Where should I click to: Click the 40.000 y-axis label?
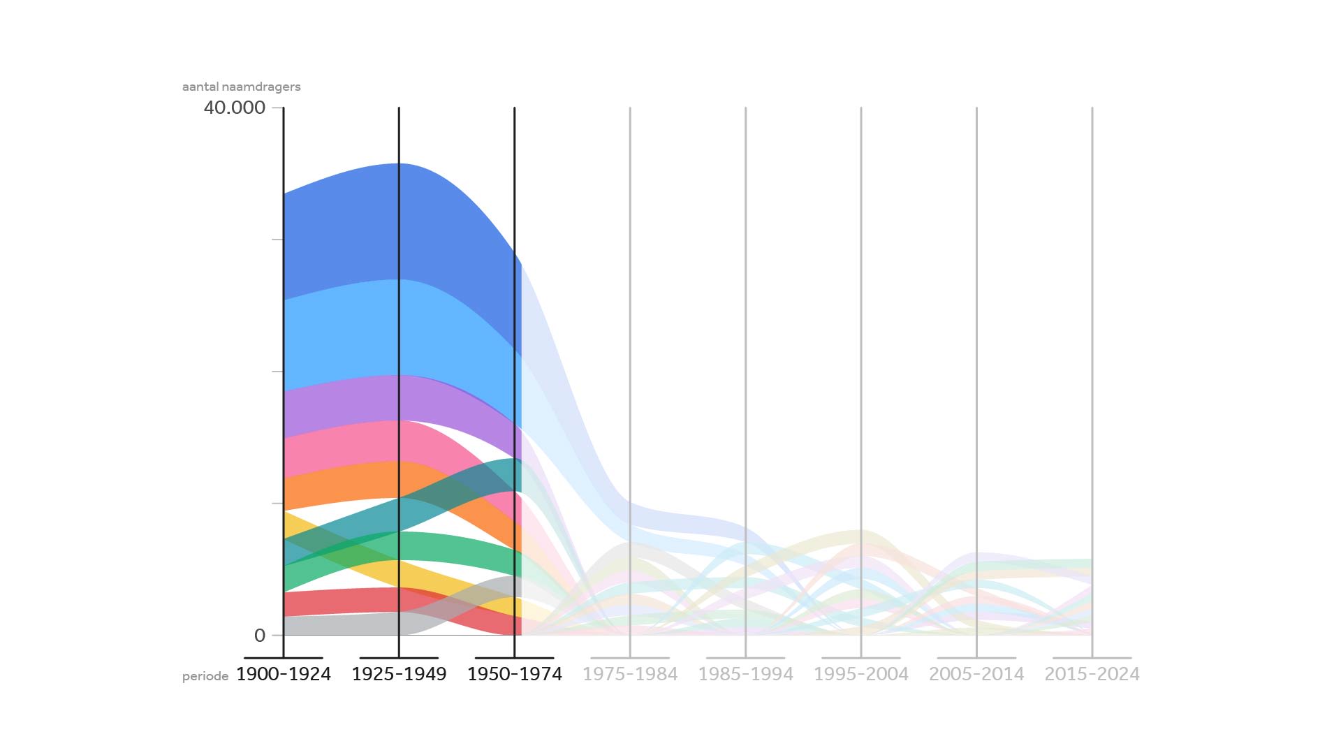[x=235, y=108]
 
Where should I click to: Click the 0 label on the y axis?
[x=260, y=636]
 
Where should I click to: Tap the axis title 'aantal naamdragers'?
[x=241, y=87]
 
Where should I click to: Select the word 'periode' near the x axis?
[x=205, y=677]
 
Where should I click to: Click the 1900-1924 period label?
[x=284, y=674]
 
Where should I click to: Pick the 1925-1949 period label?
[x=399, y=674]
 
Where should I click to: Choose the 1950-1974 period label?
[x=515, y=674]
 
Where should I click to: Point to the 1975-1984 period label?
[x=630, y=674]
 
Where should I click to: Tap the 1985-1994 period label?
[x=745, y=674]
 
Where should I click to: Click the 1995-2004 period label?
[x=861, y=674]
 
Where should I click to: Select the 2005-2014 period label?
[x=976, y=674]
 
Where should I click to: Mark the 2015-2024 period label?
[x=1092, y=674]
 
